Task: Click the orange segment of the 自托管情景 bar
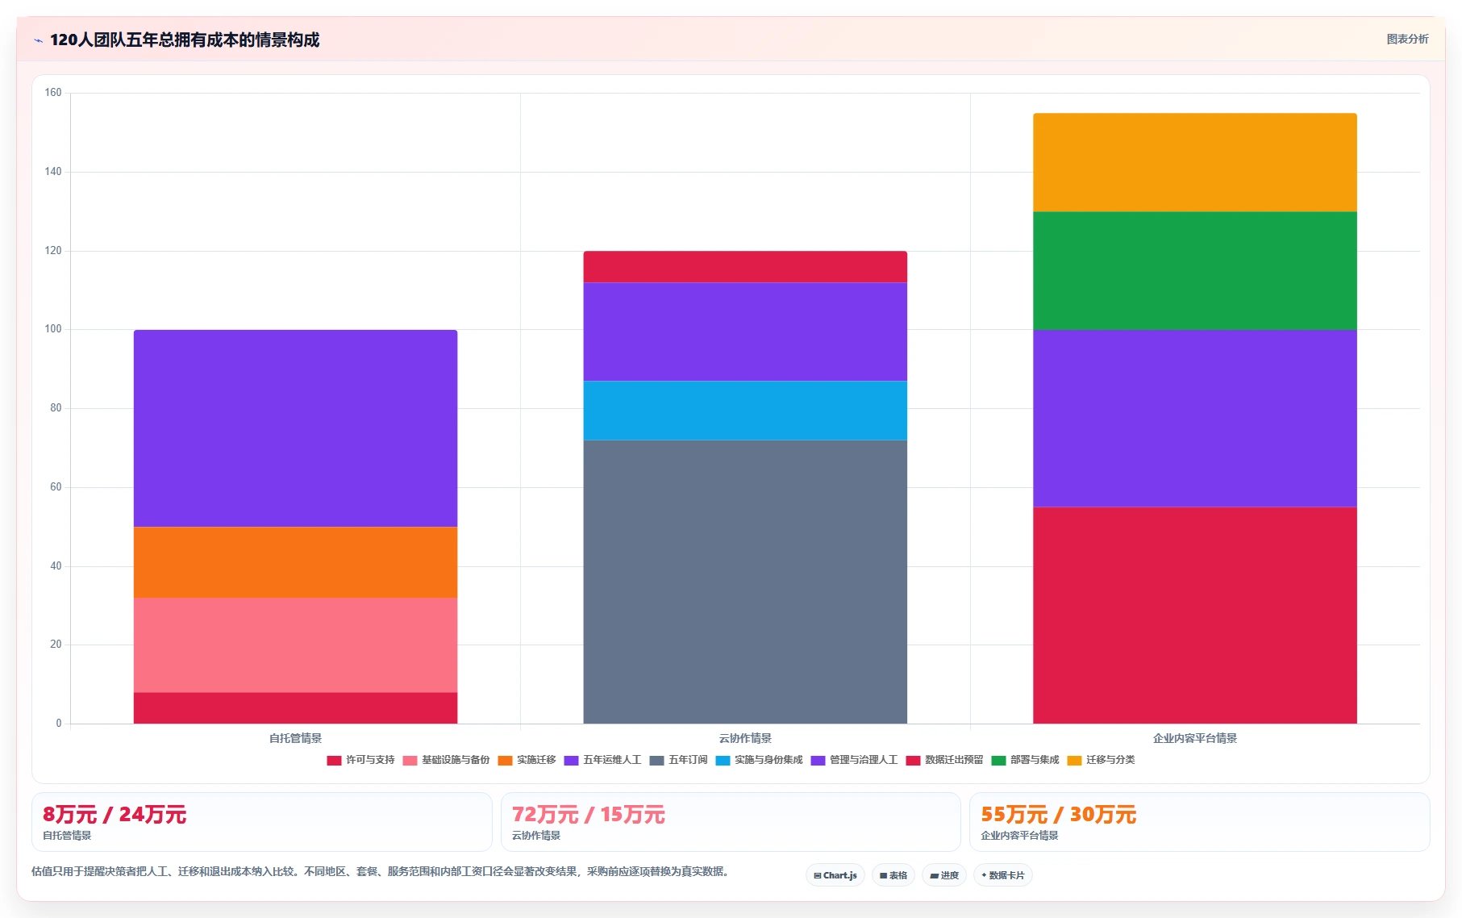pyautogui.click(x=295, y=562)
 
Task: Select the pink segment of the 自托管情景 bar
pyautogui.click(x=295, y=645)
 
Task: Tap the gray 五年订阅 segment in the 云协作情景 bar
pyautogui.click(x=745, y=582)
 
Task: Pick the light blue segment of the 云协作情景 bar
pyautogui.click(x=745, y=410)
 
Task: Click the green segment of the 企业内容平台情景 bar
pyautogui.click(x=1195, y=270)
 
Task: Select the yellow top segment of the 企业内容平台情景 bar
pyautogui.click(x=1195, y=162)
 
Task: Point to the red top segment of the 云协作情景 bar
pyautogui.click(x=745, y=267)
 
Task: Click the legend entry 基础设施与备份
pyautogui.click(x=446, y=760)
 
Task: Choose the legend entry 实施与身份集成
pyautogui.click(x=759, y=760)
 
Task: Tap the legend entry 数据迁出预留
pyautogui.click(x=944, y=760)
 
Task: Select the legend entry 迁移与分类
pyautogui.click(x=1101, y=760)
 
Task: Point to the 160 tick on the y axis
pyautogui.click(x=53, y=93)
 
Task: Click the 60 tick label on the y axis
pyautogui.click(x=56, y=487)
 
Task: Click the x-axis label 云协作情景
pyautogui.click(x=745, y=738)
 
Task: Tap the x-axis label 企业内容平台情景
pyautogui.click(x=1195, y=738)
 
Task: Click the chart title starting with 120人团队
pyautogui.click(x=185, y=40)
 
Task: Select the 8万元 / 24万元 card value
pyautogui.click(x=115, y=815)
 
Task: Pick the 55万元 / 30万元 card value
pyautogui.click(x=1059, y=815)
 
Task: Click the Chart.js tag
pyautogui.click(x=835, y=875)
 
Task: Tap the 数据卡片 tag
pyautogui.click(x=1003, y=875)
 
